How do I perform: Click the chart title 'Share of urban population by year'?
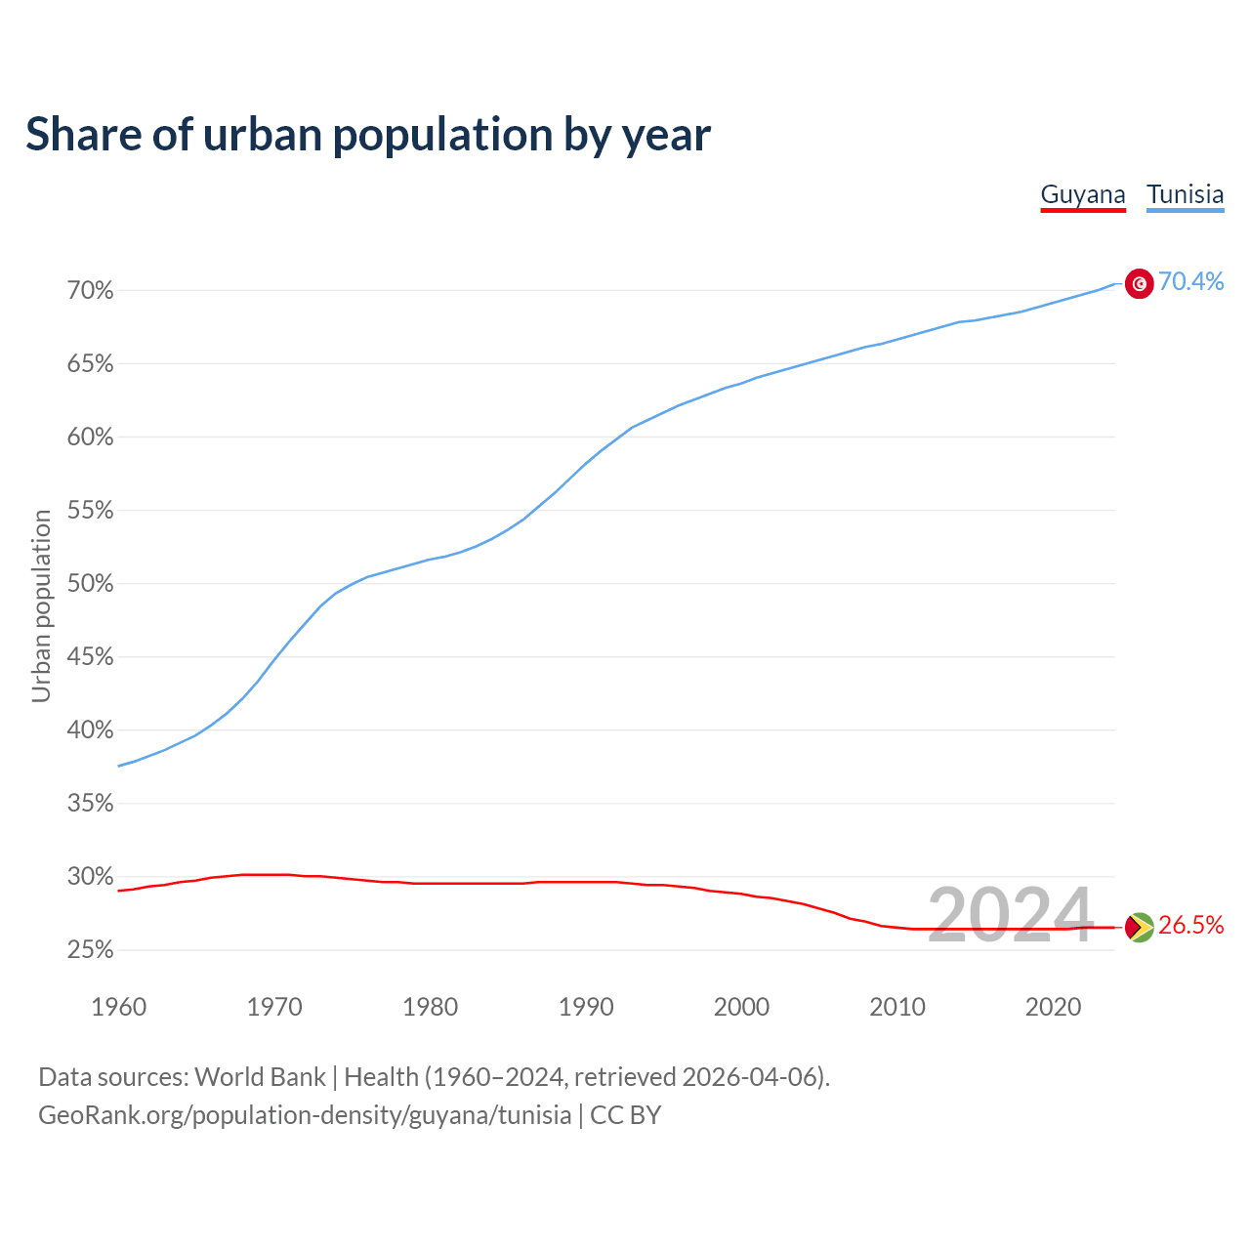point(368,135)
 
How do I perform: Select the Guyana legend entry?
point(1083,194)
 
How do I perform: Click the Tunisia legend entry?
point(1185,194)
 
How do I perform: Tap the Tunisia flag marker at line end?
point(1140,283)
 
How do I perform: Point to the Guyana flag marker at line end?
point(1140,927)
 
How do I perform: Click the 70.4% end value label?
point(1191,282)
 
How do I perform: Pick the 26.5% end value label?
point(1191,926)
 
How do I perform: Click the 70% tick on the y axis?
point(91,291)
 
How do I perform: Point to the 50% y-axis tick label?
point(91,584)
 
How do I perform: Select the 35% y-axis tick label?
point(91,804)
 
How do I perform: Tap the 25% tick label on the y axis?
point(91,950)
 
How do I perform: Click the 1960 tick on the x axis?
point(118,1007)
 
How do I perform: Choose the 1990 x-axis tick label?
point(586,1007)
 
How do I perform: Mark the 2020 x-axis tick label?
point(1053,1007)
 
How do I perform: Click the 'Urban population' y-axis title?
point(41,605)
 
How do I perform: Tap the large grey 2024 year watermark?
point(1010,916)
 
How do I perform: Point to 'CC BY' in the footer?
point(626,1115)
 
